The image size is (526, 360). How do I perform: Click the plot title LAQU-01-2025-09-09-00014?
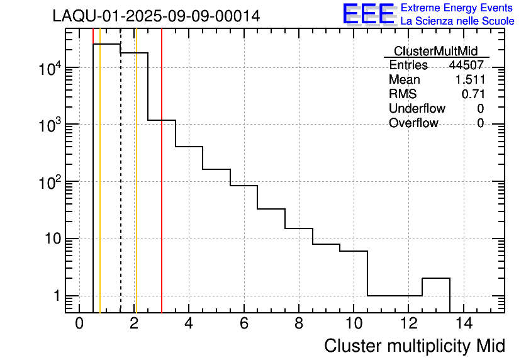156,16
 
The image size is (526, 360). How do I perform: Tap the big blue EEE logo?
368,14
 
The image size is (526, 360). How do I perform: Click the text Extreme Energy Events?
457,8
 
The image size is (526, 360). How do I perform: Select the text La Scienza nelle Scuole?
457,21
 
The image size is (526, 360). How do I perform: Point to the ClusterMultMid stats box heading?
435,51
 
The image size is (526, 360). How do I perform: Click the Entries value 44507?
466,65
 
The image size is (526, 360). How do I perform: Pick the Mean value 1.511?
469,80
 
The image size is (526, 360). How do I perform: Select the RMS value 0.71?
473,94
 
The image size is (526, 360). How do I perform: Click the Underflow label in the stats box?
417,109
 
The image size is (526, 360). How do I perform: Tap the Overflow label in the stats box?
413,123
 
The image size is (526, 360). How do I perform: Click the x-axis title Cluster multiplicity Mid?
414,346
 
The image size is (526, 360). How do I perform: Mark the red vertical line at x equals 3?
162,189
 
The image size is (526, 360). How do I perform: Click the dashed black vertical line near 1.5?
121,189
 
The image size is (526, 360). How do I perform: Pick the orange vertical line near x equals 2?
136,189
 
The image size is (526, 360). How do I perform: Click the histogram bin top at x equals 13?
436,278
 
